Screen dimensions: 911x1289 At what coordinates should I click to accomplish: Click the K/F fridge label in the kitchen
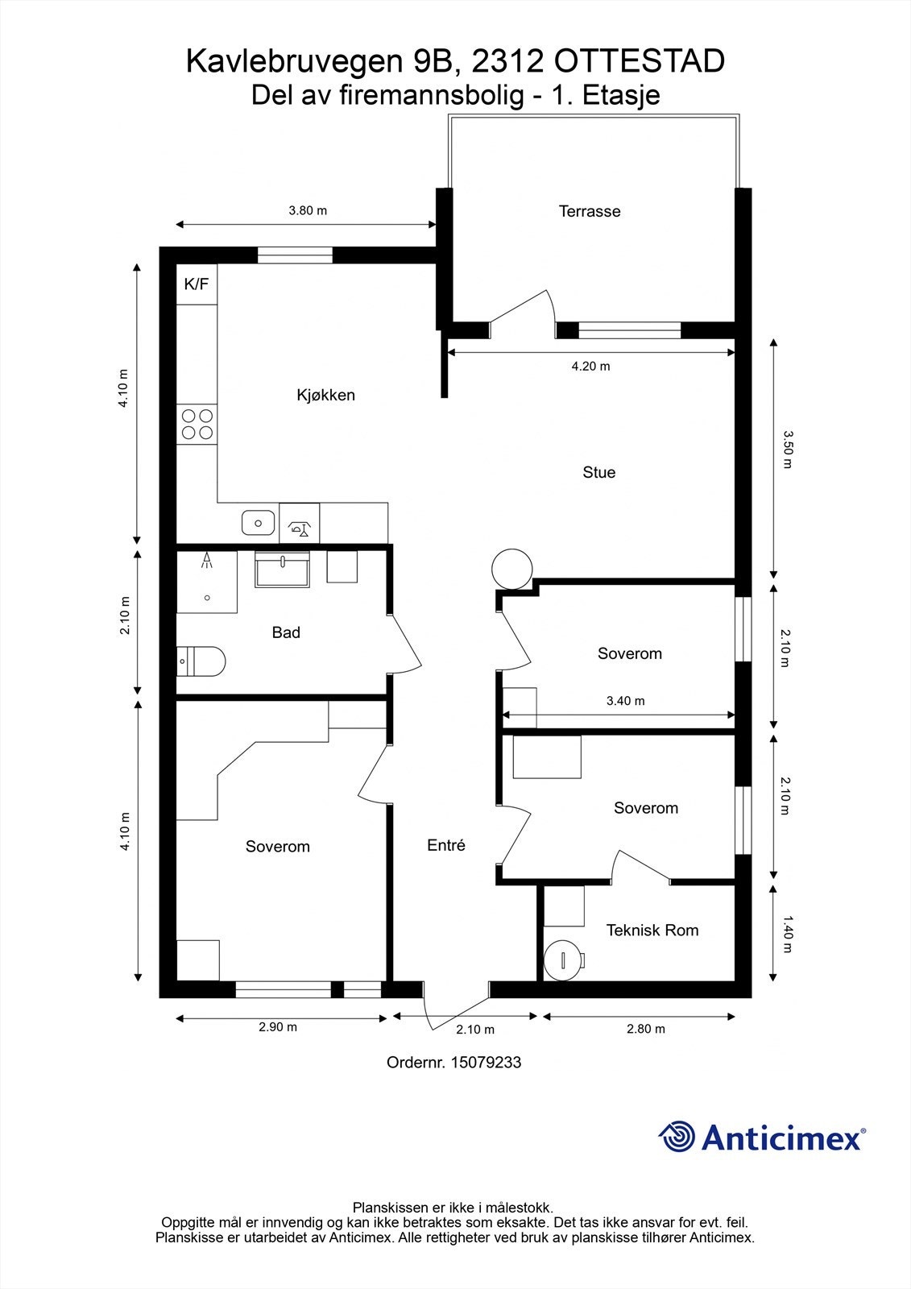197,284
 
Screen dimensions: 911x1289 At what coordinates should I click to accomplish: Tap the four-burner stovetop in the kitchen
197,424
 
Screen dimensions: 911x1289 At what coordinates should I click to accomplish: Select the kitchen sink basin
258,523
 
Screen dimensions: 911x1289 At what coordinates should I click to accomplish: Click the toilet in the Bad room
201,661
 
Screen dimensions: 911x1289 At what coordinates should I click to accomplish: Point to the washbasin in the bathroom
282,570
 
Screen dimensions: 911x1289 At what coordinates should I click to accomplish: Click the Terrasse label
590,211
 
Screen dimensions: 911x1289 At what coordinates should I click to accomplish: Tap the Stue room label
599,472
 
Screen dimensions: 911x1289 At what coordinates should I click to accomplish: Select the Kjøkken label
325,395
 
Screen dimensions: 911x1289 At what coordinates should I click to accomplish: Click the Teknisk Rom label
652,930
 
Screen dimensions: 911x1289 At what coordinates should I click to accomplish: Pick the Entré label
446,845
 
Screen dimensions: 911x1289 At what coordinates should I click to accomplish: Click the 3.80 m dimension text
308,210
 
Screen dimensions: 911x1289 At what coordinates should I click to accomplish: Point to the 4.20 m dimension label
591,366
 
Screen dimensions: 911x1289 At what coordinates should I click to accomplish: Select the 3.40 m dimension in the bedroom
626,701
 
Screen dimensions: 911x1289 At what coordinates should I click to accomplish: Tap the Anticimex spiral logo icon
677,1137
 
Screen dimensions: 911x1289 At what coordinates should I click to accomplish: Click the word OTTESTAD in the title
639,61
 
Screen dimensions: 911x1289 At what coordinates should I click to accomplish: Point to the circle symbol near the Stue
512,569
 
